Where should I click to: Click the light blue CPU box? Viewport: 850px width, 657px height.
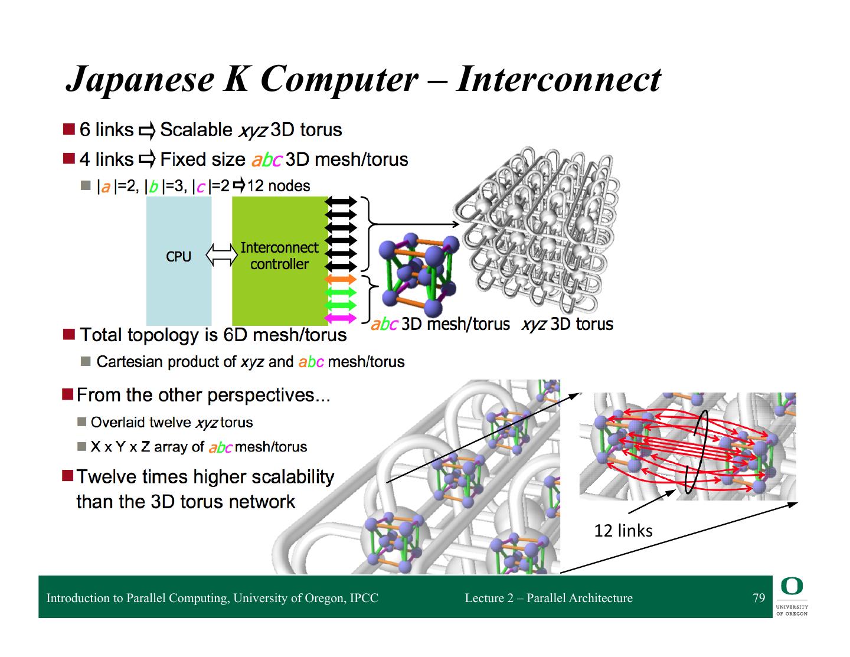click(178, 260)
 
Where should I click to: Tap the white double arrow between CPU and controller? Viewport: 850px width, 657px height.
click(221, 256)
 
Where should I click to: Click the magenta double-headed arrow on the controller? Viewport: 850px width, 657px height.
click(341, 318)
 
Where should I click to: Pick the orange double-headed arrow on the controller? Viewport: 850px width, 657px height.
click(341, 279)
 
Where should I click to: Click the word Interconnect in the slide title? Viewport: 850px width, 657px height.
click(558, 79)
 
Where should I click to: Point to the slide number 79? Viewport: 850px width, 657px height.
click(759, 598)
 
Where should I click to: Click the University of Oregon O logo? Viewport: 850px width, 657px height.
click(792, 586)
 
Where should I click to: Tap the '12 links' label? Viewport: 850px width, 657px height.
click(623, 531)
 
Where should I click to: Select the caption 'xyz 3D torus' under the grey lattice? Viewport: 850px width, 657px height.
click(567, 324)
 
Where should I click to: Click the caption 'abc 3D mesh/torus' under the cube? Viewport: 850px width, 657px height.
click(440, 324)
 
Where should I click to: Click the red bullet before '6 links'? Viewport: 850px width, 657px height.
click(69, 129)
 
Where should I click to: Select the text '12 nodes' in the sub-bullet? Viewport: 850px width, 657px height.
click(279, 186)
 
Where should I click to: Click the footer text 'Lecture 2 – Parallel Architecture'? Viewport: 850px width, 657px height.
click(548, 598)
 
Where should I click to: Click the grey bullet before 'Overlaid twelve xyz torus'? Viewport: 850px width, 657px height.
click(82, 422)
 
